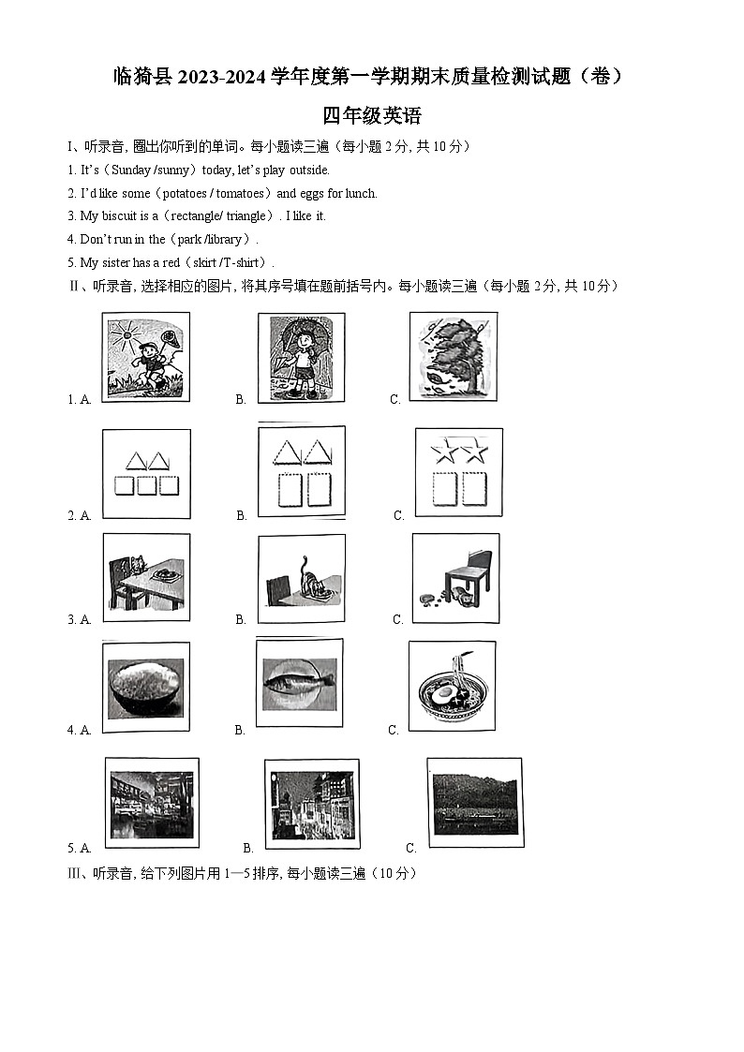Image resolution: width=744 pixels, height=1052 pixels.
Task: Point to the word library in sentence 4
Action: pyautogui.click(x=221, y=239)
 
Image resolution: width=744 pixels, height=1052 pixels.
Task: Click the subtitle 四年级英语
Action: pyautogui.click(x=372, y=116)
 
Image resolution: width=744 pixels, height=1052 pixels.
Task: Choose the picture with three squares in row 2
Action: pyautogui.click(x=146, y=473)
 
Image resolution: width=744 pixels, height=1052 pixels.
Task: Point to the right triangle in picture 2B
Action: pyautogui.click(x=317, y=453)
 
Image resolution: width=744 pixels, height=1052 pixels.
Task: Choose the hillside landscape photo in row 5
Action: pyautogui.click(x=474, y=803)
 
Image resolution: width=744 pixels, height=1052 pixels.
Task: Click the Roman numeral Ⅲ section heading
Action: pyautogui.click(x=74, y=873)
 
